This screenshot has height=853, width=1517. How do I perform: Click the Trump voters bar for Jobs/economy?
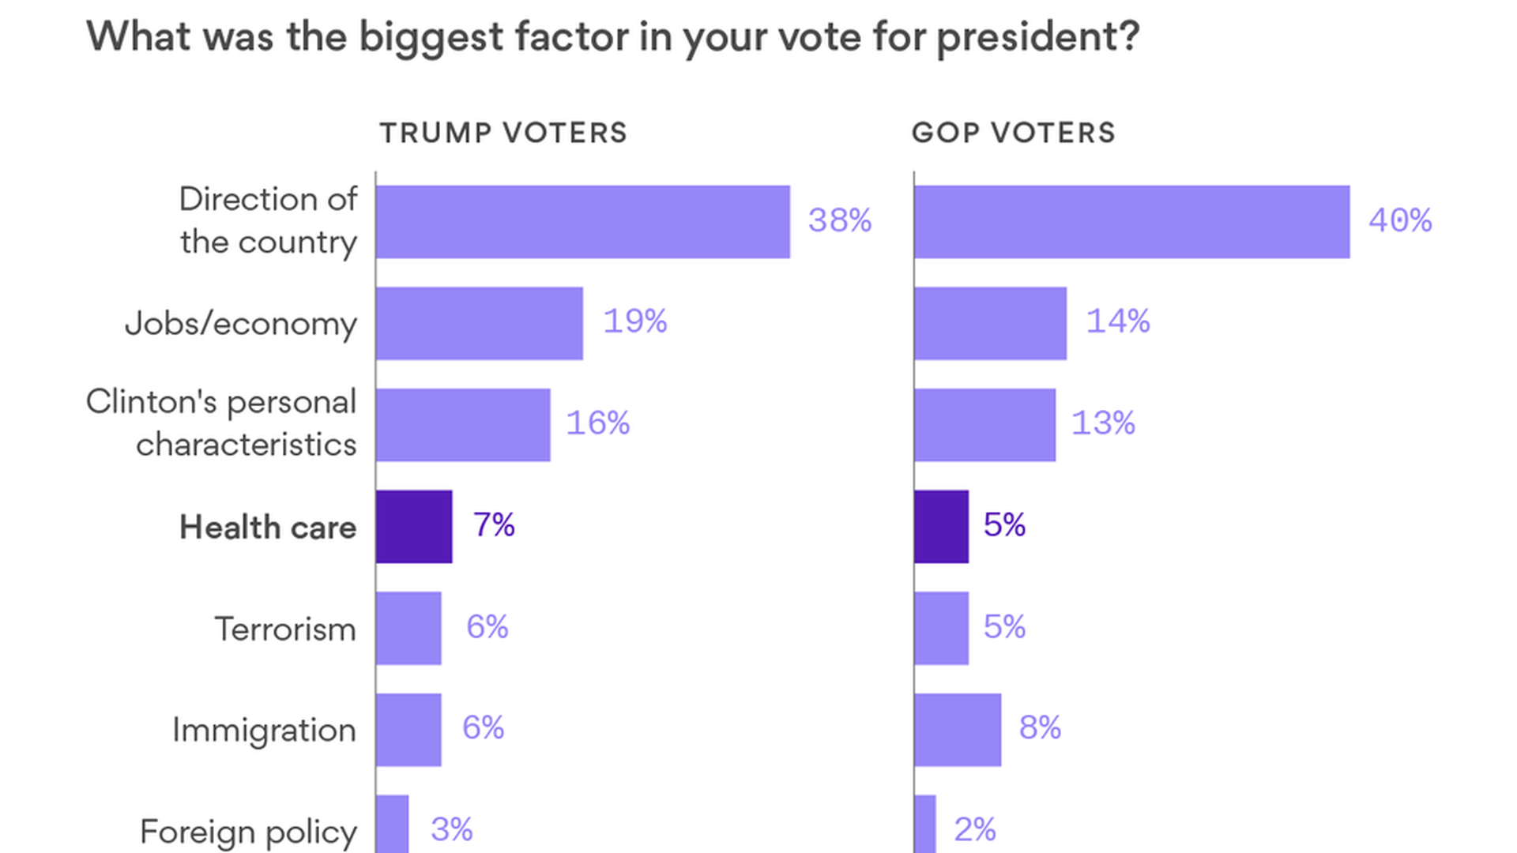480,323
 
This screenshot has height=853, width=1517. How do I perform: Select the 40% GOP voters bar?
1131,222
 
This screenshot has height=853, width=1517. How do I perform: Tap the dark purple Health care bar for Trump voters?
414,527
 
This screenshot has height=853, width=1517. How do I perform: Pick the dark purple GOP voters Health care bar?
941,527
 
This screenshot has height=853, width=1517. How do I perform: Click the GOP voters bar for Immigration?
958,730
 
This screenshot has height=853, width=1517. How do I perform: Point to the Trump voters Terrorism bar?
408,628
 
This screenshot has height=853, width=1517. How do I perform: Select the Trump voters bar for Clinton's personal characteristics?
463,425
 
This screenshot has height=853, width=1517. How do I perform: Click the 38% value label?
839,220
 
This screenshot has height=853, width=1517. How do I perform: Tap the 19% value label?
634,321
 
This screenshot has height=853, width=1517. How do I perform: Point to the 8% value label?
1039,727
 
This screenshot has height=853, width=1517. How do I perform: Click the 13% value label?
1102,423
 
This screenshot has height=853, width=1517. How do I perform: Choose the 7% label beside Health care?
494,525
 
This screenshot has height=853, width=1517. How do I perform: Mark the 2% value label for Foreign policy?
974,829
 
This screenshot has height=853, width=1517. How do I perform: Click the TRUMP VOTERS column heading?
503,133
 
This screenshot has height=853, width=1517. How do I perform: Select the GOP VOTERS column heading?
1014,133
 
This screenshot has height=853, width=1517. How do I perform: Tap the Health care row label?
268,528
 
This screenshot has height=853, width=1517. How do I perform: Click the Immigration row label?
264,731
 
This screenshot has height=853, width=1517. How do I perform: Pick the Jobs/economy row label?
241,324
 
